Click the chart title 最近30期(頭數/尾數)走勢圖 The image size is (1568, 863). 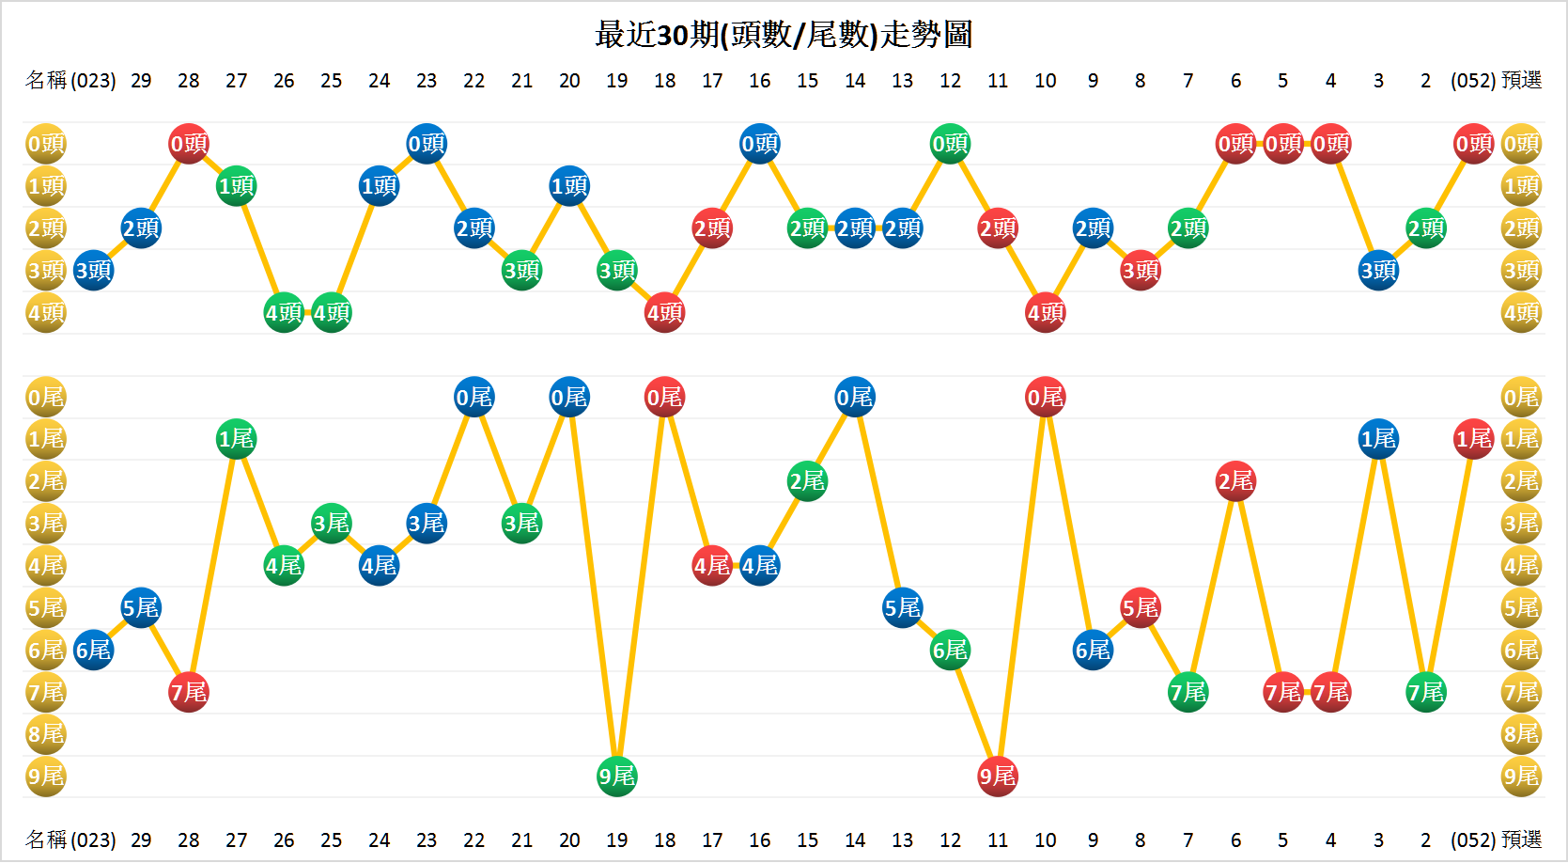point(784,35)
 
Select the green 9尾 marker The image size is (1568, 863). point(617,777)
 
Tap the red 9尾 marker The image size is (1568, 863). point(998,777)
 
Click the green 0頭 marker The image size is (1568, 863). point(950,144)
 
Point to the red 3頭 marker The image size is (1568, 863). point(1141,271)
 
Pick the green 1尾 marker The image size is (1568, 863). point(236,439)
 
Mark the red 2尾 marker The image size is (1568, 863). point(1235,481)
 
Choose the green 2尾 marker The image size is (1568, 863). point(807,481)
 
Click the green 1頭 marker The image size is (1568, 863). point(236,186)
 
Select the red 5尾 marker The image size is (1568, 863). point(1141,608)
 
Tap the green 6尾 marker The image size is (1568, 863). point(950,651)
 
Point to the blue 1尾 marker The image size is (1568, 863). point(1378,439)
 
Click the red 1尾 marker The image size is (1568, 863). point(1473,439)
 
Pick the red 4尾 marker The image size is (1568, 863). point(712,566)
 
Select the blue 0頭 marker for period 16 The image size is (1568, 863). point(759,144)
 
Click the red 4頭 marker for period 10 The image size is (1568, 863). point(1046,313)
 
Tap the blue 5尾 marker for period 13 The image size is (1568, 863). point(902,608)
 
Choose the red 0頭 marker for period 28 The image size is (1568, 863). point(189,144)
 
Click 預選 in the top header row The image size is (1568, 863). point(1522,81)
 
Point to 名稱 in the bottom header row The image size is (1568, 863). point(46,839)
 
